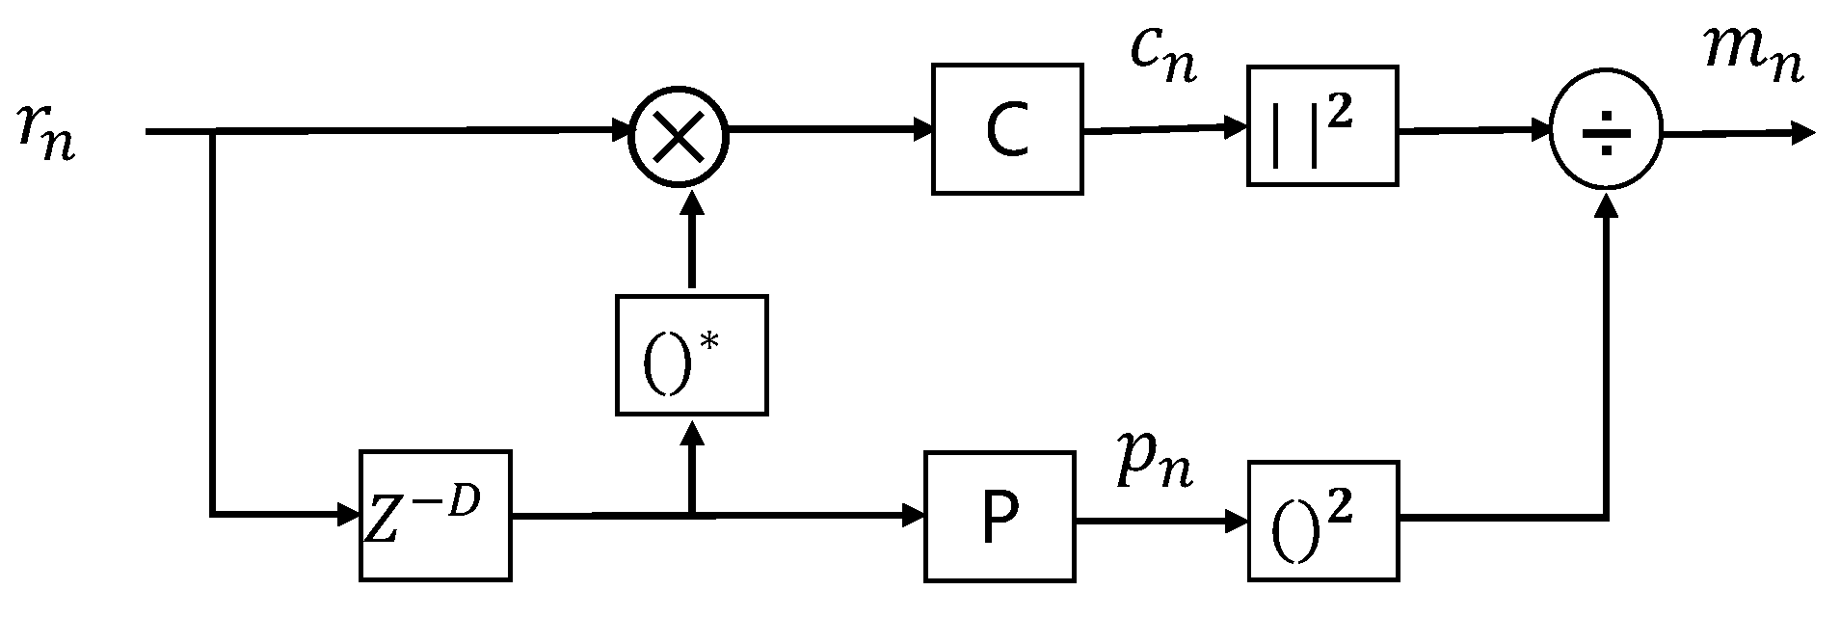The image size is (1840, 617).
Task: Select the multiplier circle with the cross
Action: [680, 136]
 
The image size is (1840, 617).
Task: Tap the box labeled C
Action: [1007, 130]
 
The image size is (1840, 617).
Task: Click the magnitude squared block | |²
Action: [1321, 126]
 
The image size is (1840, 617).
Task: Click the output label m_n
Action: [1753, 58]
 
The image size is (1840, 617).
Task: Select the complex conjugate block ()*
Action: [691, 356]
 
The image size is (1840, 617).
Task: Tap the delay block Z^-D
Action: [435, 516]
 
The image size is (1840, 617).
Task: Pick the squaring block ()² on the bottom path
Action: [1322, 521]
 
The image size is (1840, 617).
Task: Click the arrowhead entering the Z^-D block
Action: [349, 516]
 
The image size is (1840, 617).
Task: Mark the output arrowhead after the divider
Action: [1802, 133]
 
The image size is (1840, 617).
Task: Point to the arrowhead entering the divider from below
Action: [1607, 204]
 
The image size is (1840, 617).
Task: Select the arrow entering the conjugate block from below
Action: [691, 463]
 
